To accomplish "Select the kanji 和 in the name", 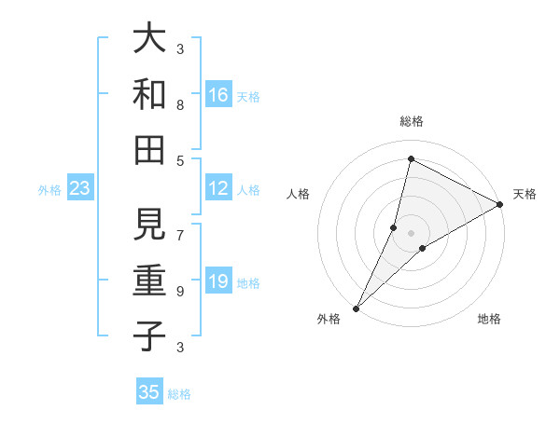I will coord(149,95).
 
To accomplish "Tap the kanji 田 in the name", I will coord(149,149).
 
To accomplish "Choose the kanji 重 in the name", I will coord(149,281).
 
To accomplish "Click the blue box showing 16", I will coord(218,94).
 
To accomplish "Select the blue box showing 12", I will coord(218,188).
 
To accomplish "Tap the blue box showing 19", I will coord(218,281).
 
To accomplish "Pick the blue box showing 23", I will coord(80,189).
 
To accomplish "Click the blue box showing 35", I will coord(149,392).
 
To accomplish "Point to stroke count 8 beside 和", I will coord(180,104).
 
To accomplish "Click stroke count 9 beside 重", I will coord(180,291).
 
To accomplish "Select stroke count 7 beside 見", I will coord(180,226).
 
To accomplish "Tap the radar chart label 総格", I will coord(412,121).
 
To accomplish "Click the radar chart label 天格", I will coord(525,194).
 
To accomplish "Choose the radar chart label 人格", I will coord(299,194).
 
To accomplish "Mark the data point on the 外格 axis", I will coord(356,308).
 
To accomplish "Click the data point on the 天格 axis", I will coord(500,204).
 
